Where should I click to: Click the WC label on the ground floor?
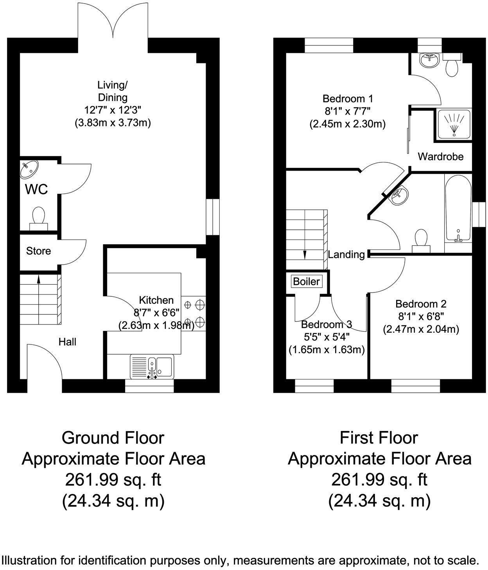(x=36, y=189)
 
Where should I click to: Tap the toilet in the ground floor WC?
(x=39, y=219)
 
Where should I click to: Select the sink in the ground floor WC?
(x=29, y=169)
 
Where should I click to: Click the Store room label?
(x=39, y=251)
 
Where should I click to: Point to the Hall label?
(x=68, y=342)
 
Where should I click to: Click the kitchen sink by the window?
(x=152, y=367)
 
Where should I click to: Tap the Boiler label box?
(x=307, y=281)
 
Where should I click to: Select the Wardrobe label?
(x=441, y=157)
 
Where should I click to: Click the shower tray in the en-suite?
(x=453, y=124)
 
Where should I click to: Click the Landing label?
(x=346, y=254)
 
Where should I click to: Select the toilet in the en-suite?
(x=452, y=65)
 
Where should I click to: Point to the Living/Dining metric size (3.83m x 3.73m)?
(x=113, y=123)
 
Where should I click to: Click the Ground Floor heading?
(x=113, y=438)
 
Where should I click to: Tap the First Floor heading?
(x=379, y=438)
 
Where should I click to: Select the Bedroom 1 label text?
(x=348, y=98)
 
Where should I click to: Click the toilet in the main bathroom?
(x=421, y=240)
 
